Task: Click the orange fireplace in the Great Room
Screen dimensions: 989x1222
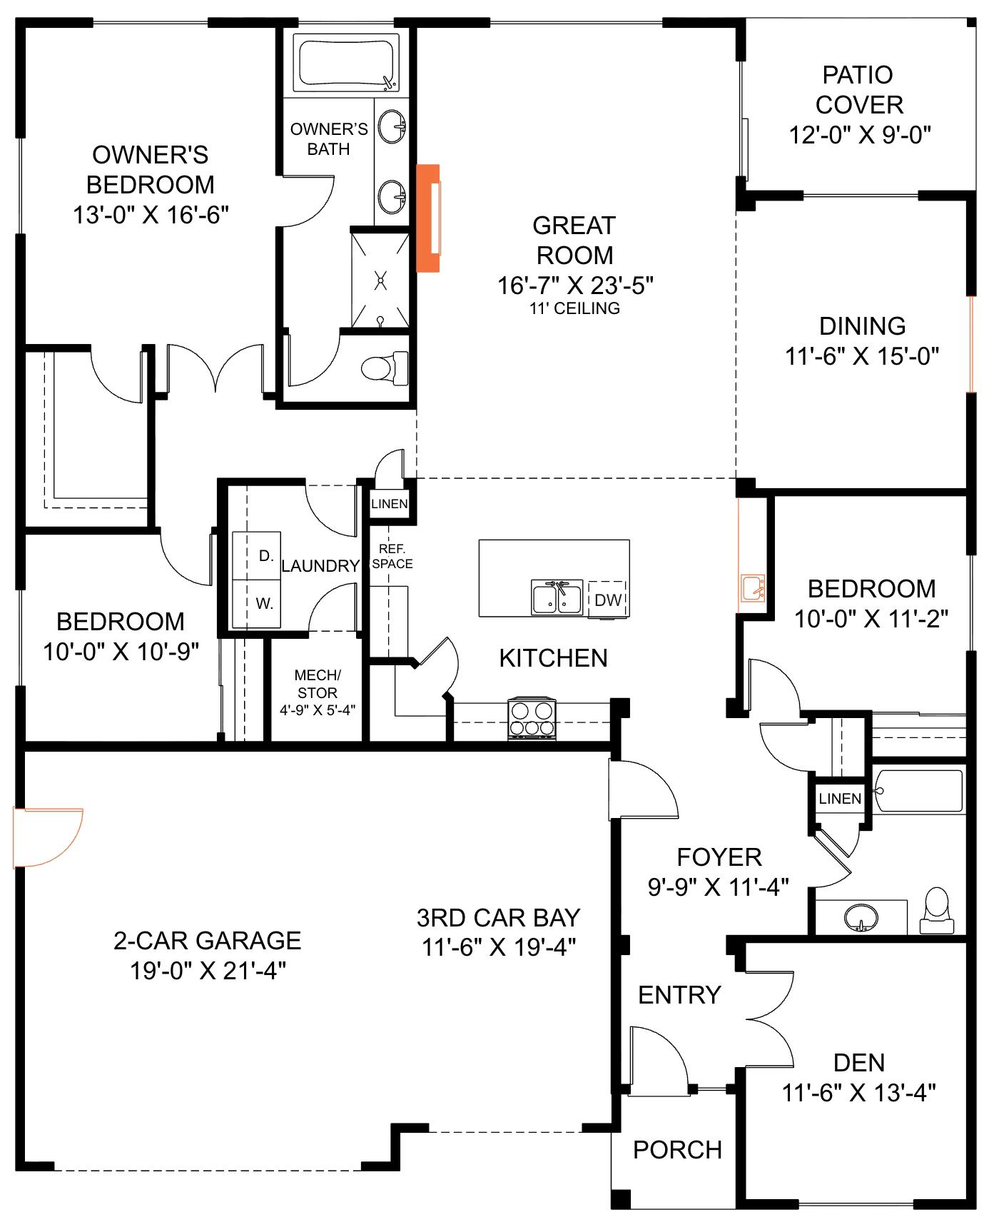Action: [x=427, y=218]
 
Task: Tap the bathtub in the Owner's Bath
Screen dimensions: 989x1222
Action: [x=348, y=65]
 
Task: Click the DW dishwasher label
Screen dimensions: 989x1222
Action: [x=608, y=600]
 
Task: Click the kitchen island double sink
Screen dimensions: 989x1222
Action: [x=557, y=597]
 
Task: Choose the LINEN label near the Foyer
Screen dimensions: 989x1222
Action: [x=840, y=798]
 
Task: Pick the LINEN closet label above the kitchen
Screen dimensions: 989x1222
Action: [x=390, y=504]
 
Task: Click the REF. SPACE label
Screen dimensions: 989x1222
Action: [x=392, y=556]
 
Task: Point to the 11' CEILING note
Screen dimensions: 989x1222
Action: [x=574, y=308]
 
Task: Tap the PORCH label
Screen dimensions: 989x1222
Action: [x=677, y=1150]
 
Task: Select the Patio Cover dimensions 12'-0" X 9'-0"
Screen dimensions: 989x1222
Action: [x=860, y=134]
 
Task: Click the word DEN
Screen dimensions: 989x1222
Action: [x=859, y=1062]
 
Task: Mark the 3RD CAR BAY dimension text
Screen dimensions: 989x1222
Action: [x=499, y=947]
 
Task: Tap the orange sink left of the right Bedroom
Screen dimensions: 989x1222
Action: [x=752, y=588]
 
